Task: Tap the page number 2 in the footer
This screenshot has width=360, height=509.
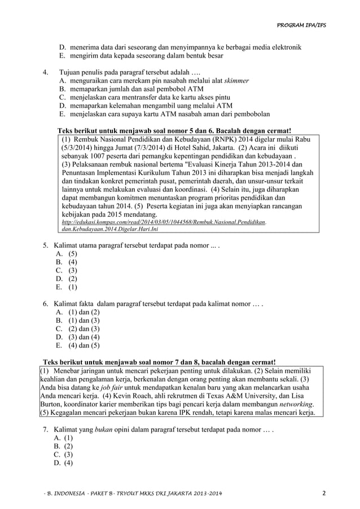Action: click(x=324, y=493)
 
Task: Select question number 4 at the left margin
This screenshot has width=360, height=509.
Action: click(x=45, y=72)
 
